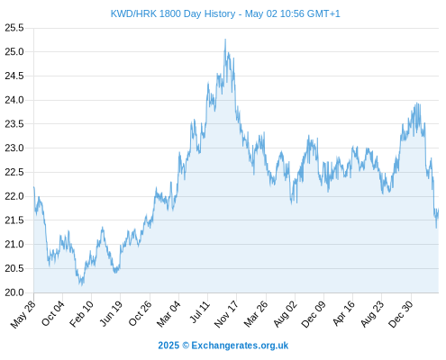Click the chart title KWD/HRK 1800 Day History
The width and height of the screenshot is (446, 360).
tap(173, 13)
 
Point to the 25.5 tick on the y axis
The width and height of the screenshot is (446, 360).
tap(14, 28)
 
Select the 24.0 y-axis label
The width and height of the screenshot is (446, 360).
tap(14, 100)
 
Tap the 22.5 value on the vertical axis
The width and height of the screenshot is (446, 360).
tap(14, 172)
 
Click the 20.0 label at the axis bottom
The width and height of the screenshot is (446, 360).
tap(14, 292)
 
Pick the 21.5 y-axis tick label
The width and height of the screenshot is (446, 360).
tap(14, 220)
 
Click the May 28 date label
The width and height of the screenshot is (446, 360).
tap(23, 314)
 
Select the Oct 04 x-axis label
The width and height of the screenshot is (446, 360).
tap(53, 313)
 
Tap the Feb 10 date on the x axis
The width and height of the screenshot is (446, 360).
tap(82, 314)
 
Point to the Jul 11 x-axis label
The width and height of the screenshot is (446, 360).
tap(200, 312)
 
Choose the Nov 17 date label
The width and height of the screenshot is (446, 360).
tap(226, 314)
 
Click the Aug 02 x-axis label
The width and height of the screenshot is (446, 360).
tap(286, 314)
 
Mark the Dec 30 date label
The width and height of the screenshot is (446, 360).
tap(401, 314)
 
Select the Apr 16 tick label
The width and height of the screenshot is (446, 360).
tap(344, 313)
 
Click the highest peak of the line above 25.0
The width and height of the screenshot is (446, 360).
tap(225, 39)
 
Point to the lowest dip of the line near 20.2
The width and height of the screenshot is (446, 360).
tap(81, 285)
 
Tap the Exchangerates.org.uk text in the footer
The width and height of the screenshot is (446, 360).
tap(240, 346)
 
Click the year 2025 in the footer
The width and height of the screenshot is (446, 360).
tap(168, 346)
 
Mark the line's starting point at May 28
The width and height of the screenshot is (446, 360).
tap(34, 187)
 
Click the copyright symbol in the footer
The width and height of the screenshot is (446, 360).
tap(186, 346)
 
